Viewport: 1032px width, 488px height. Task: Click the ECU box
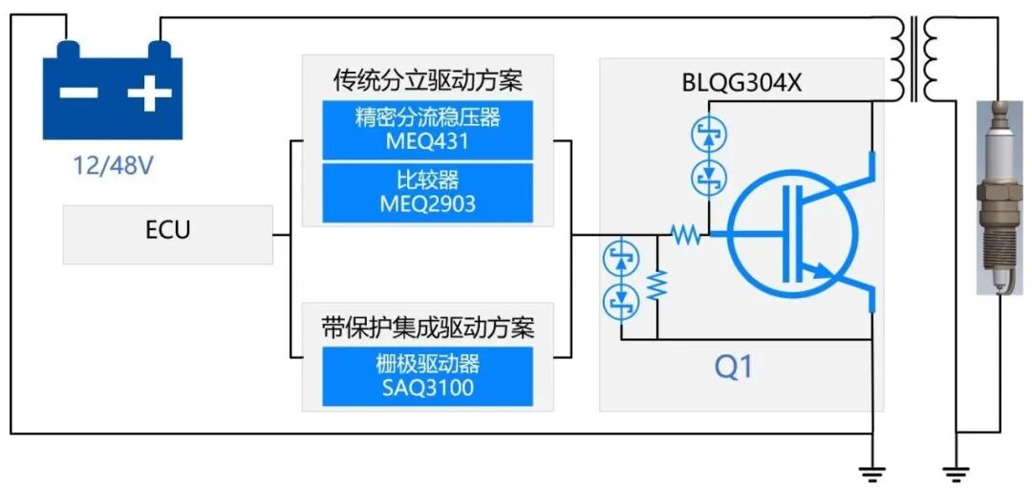click(168, 232)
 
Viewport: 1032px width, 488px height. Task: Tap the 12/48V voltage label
click(114, 166)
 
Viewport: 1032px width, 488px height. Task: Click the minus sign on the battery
click(81, 94)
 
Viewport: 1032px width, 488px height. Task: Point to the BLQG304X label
click(741, 83)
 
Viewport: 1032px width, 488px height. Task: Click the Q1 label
click(733, 366)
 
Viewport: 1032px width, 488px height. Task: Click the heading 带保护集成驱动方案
click(427, 328)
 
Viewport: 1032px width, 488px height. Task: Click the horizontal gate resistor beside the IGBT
click(684, 233)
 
